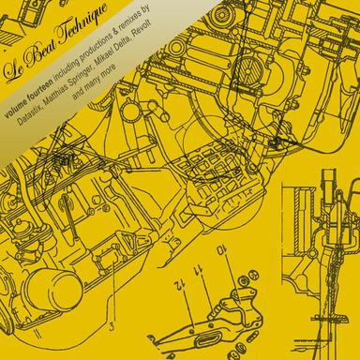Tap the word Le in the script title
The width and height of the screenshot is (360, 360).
click(x=12, y=71)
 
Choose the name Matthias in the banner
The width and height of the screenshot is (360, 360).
click(x=53, y=94)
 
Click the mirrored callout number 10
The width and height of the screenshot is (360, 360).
click(x=221, y=250)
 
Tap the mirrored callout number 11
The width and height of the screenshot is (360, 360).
click(x=199, y=269)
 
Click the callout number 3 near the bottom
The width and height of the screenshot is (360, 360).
click(x=112, y=327)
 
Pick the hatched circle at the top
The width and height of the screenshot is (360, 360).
click(x=247, y=69)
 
